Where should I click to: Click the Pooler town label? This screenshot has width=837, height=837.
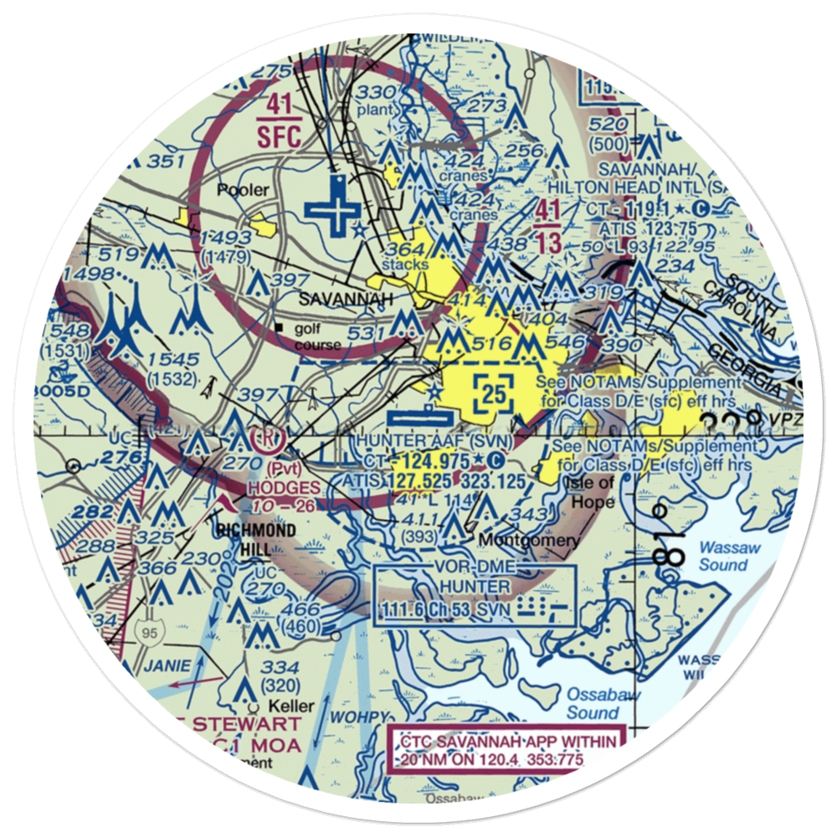[x=243, y=190]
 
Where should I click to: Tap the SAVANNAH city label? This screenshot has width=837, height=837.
[x=336, y=298]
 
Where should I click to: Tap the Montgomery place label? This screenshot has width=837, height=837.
[x=528, y=541]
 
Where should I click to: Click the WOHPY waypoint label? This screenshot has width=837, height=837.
[x=360, y=717]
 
